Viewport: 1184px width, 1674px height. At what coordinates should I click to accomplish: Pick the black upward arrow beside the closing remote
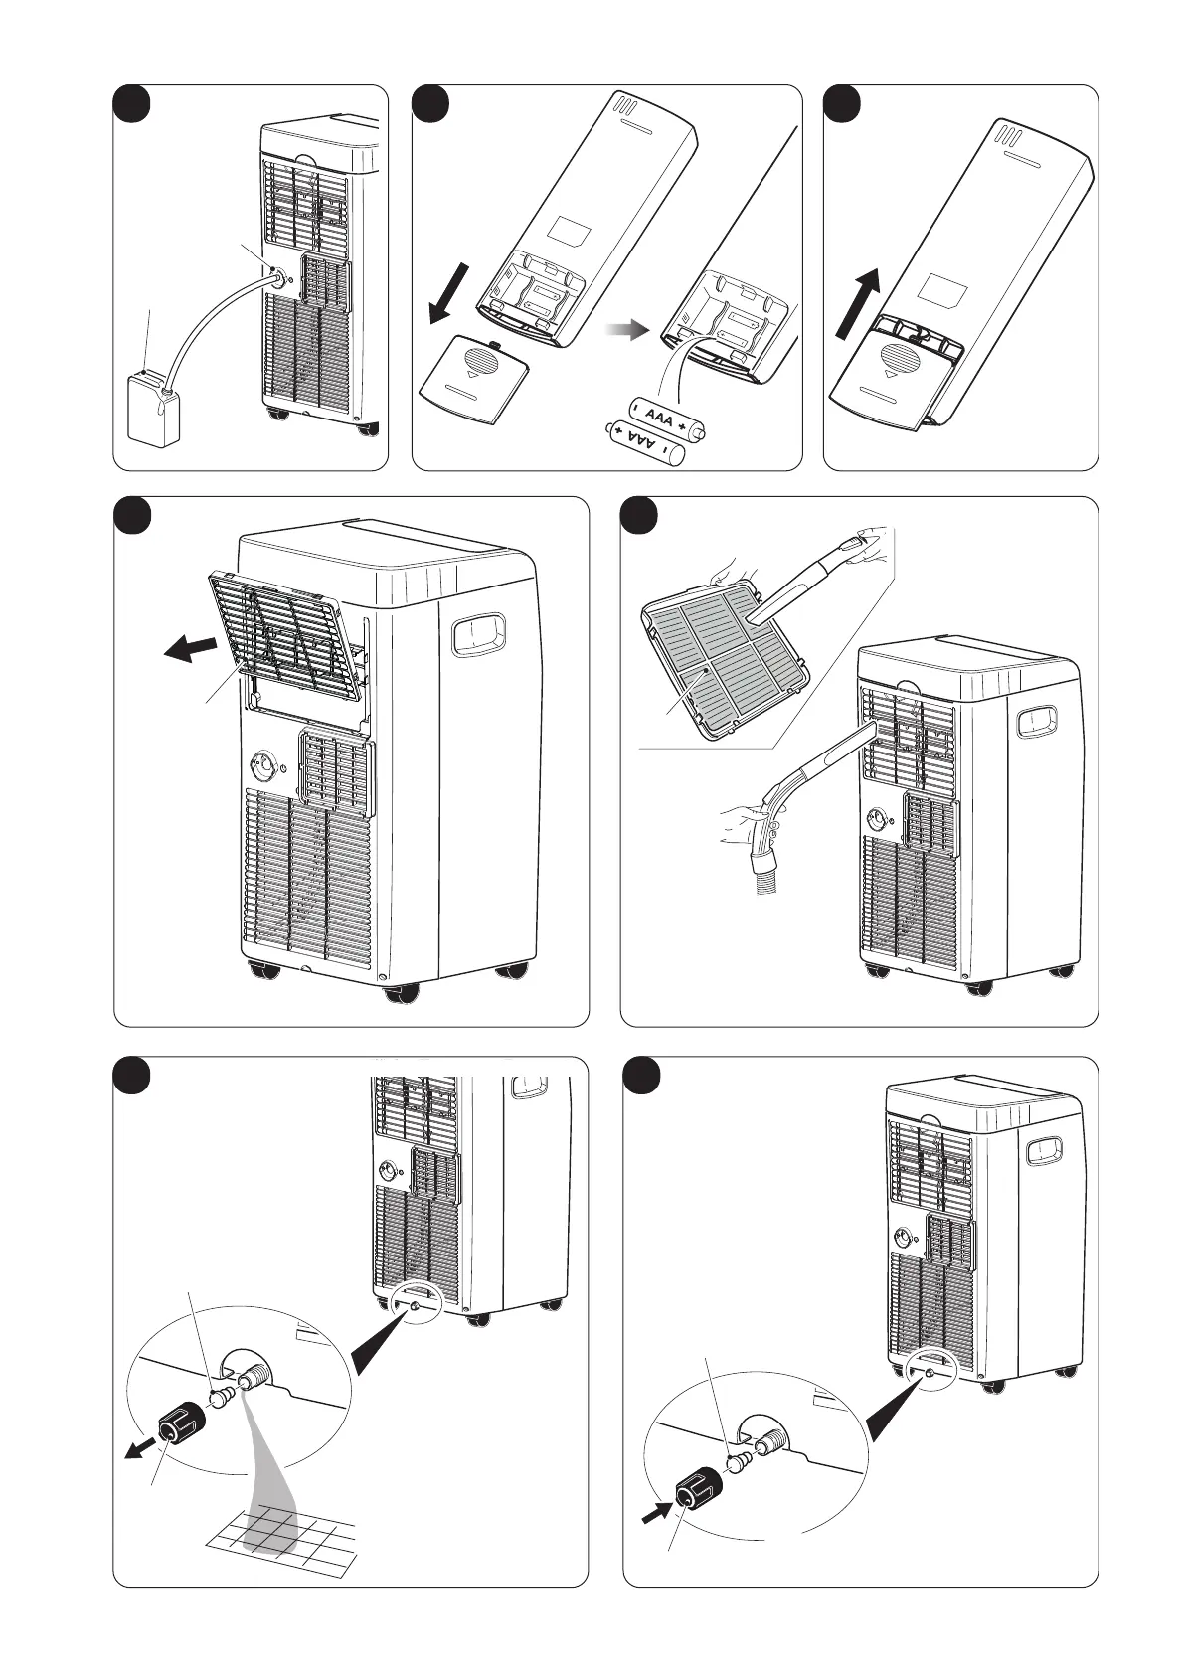click(858, 307)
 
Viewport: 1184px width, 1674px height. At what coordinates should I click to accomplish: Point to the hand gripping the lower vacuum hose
click(751, 825)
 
